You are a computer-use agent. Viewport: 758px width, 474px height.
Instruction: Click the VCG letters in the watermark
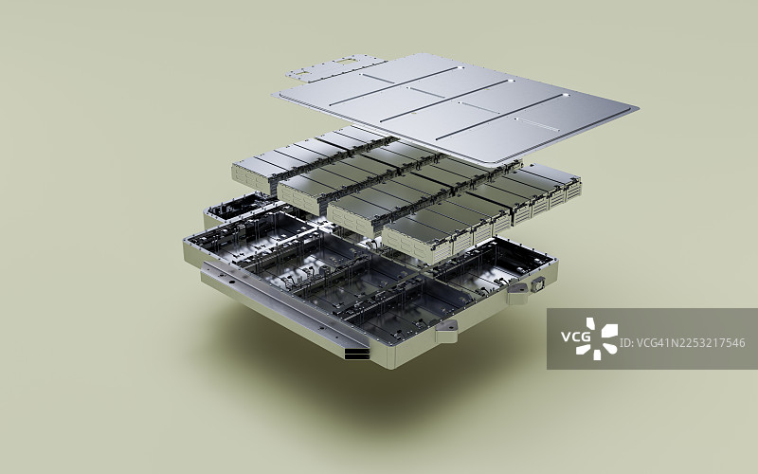point(576,336)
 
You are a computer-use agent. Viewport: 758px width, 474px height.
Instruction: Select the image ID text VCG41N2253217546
point(682,343)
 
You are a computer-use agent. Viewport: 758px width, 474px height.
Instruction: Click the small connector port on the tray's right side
point(537,285)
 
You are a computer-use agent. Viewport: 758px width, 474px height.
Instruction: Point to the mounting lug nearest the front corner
point(446,329)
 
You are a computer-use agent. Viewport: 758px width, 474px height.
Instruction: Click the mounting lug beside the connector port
point(517,292)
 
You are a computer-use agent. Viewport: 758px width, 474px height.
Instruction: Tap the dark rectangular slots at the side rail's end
point(357,354)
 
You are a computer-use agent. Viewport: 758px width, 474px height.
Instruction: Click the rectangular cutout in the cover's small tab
point(346,61)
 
